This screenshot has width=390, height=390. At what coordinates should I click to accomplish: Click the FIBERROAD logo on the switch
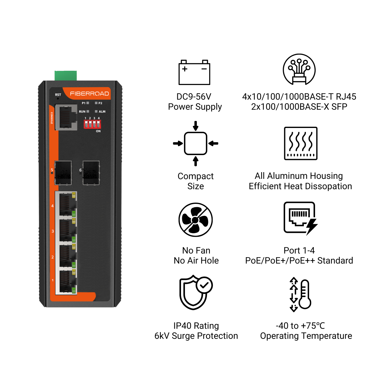(89, 94)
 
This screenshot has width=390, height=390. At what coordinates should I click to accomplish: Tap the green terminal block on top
(66, 76)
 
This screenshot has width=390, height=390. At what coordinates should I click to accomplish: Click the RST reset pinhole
(58, 98)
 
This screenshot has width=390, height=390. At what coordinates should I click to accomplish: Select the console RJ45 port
(66, 117)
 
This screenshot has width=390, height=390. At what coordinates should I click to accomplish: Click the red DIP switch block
(92, 124)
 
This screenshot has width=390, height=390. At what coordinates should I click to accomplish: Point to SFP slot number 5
(63, 173)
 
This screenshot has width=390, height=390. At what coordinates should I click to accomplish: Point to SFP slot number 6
(91, 173)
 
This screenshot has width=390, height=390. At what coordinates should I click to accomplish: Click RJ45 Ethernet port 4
(66, 204)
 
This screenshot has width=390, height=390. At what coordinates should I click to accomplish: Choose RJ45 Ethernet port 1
(66, 282)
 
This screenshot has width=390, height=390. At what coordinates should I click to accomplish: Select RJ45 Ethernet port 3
(66, 230)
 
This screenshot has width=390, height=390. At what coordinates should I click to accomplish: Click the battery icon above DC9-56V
(194, 72)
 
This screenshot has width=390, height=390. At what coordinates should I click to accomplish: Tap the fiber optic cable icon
(299, 69)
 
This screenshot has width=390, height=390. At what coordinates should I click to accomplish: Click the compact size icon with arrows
(196, 144)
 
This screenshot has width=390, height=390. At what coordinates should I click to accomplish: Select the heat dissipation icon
(300, 144)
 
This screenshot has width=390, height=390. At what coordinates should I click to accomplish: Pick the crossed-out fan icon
(196, 220)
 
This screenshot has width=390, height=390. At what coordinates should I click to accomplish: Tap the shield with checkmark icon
(196, 292)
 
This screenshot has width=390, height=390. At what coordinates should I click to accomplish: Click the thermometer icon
(300, 294)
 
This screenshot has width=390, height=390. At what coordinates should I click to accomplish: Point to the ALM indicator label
(102, 112)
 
